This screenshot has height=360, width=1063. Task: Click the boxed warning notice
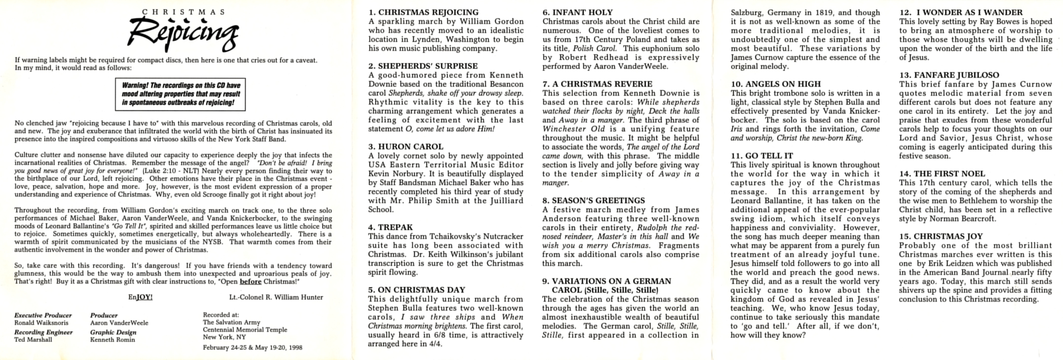pos(180,94)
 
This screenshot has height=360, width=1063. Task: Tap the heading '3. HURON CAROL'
pos(406,147)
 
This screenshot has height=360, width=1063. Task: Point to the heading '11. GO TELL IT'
pos(762,156)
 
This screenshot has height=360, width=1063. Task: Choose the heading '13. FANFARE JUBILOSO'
pos(949,75)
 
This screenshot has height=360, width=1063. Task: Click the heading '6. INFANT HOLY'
pos(577,12)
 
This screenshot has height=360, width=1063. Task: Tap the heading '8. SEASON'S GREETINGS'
pos(593,201)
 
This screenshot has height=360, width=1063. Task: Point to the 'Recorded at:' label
pos(221,315)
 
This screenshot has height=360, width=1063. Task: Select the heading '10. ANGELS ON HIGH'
pos(776,84)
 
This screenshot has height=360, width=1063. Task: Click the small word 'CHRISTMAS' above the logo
pos(184,12)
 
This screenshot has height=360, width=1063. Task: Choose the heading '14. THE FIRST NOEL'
pos(942,173)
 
